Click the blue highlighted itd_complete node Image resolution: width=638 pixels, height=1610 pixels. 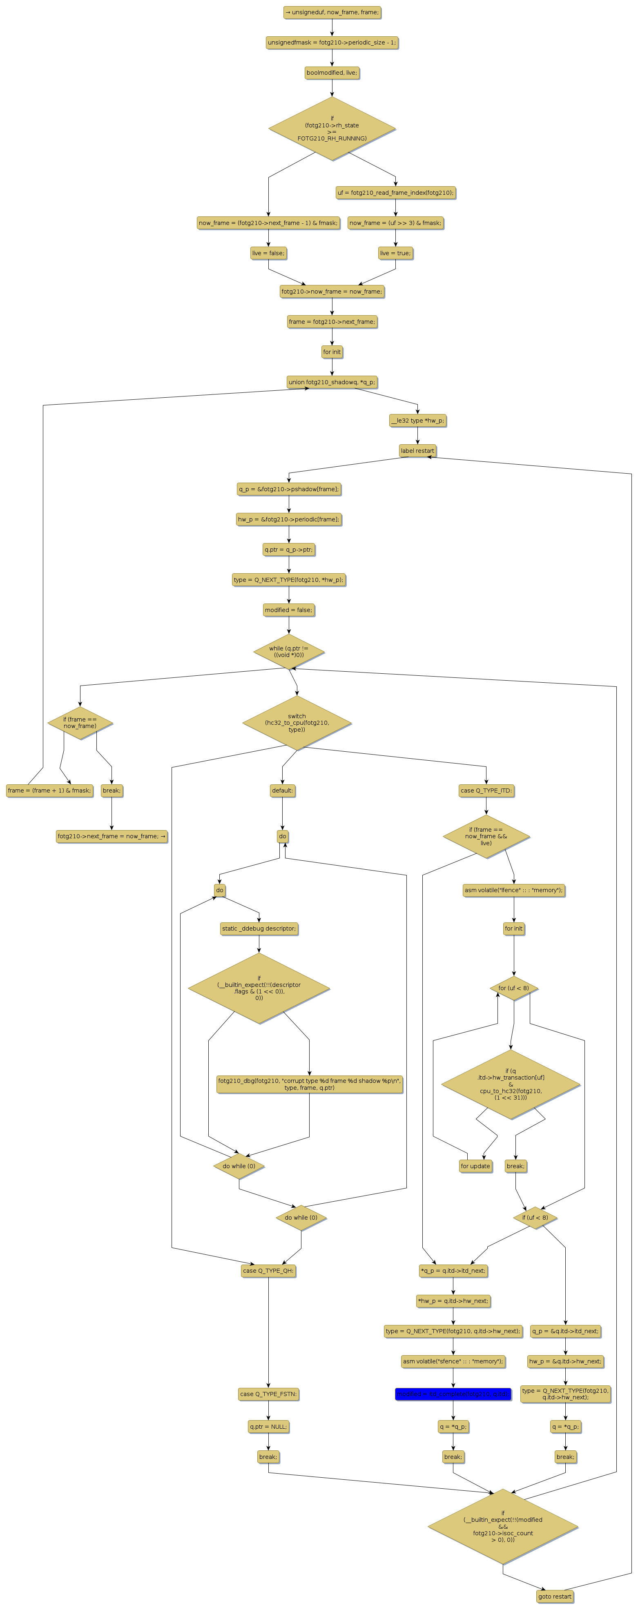pyautogui.click(x=453, y=1393)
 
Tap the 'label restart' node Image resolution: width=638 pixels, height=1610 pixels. pyautogui.click(x=417, y=451)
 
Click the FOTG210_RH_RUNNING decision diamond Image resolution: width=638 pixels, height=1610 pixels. pyautogui.click(x=332, y=128)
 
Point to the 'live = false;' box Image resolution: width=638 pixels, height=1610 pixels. pyautogui.click(x=268, y=253)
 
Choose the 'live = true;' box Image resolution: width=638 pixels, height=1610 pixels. pyautogui.click(x=395, y=253)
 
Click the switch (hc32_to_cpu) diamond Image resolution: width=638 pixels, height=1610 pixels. pyautogui.click(x=297, y=722)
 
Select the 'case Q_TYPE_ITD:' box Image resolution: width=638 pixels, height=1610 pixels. pyautogui.click(x=486, y=791)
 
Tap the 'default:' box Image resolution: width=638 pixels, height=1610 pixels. pyautogui.click(x=282, y=791)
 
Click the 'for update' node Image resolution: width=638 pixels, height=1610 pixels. pyautogui.click(x=475, y=1166)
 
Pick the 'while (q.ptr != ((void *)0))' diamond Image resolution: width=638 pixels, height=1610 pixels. pyautogui.click(x=289, y=651)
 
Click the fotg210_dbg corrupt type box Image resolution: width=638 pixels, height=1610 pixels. pyautogui.click(x=309, y=1084)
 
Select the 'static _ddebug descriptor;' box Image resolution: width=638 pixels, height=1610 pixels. pyautogui.click(x=259, y=928)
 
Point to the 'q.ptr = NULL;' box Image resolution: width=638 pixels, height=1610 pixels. pyautogui.click(x=268, y=1426)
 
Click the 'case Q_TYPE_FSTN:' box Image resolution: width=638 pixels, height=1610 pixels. pyautogui.click(x=268, y=1393)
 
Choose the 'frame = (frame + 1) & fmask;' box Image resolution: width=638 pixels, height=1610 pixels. pyautogui.click(x=49, y=791)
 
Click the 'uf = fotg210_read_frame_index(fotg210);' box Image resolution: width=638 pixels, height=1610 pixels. pyautogui.click(x=395, y=192)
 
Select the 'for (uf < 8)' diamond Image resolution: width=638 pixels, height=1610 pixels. pyautogui.click(x=513, y=988)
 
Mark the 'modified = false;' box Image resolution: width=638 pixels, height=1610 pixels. pyautogui.click(x=288, y=610)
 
